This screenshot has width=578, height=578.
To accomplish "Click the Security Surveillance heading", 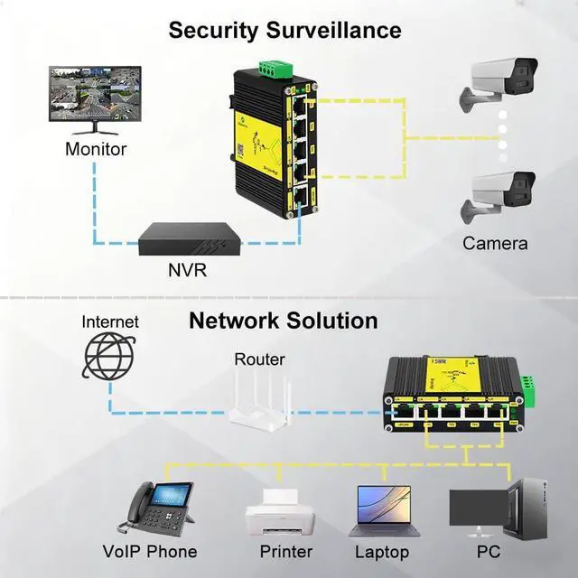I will click(x=284, y=30).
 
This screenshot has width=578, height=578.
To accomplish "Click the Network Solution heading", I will click(x=283, y=321).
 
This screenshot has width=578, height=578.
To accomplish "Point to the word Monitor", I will click(x=96, y=149).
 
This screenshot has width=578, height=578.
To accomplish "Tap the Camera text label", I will click(x=495, y=243).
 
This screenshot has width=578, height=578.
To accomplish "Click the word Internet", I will click(x=110, y=322).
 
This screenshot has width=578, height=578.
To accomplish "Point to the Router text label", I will click(x=260, y=359).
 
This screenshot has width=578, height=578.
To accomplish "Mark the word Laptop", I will click(x=381, y=551).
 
